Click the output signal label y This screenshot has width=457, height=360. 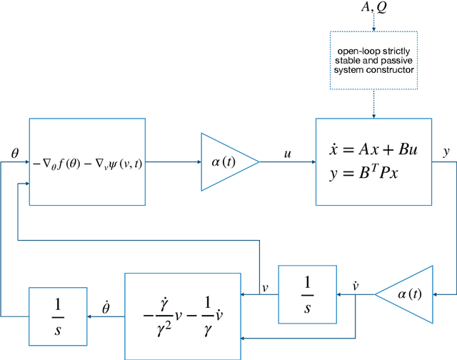click(x=446, y=152)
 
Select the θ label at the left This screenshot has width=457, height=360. click(x=15, y=153)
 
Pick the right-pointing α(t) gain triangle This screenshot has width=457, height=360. click(x=227, y=162)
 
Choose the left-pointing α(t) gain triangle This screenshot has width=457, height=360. click(x=408, y=294)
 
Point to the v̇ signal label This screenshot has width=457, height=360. click(x=355, y=286)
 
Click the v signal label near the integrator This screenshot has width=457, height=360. click(x=265, y=287)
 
